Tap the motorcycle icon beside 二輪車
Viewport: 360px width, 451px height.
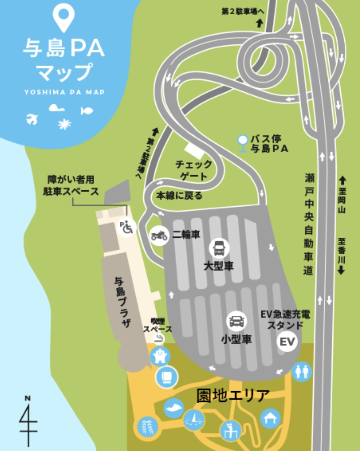(x=159, y=236)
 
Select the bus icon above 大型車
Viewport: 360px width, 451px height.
(x=219, y=248)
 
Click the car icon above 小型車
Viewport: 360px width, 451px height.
(x=236, y=321)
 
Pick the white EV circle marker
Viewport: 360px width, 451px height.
(x=287, y=342)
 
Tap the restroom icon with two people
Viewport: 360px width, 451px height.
(x=302, y=372)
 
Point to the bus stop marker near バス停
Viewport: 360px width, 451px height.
(x=242, y=143)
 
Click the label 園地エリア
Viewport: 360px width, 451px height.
(x=233, y=395)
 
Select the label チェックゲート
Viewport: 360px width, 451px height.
(x=193, y=170)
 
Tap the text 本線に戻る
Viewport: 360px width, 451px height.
(x=179, y=195)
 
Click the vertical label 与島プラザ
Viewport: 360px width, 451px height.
(x=122, y=302)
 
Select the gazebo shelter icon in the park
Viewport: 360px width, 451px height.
(x=270, y=418)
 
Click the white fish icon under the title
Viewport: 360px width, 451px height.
(x=86, y=110)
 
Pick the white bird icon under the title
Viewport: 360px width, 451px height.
(x=32, y=118)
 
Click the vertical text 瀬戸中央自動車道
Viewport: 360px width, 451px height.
(x=309, y=224)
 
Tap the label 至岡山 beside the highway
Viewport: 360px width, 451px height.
(x=342, y=195)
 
